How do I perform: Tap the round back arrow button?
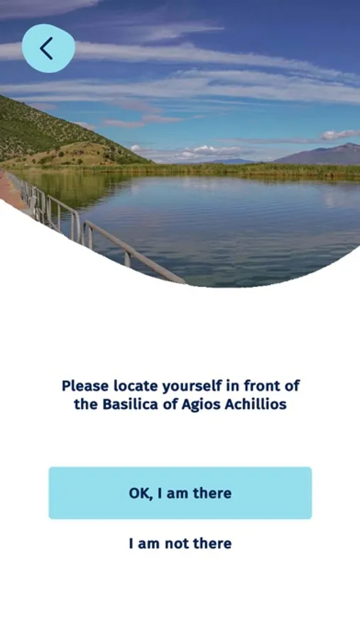click(48, 48)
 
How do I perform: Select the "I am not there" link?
click(180, 543)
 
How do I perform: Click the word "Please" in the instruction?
click(85, 385)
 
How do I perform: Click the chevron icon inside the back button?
click(46, 48)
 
